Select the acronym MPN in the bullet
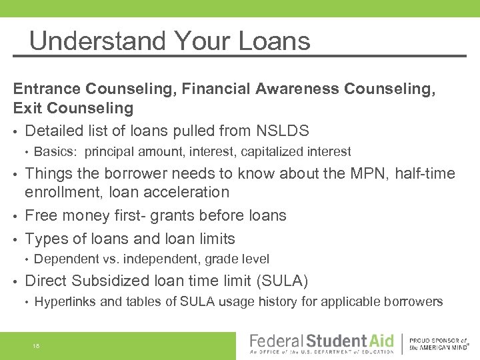tap(364, 174)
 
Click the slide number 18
tap(36, 345)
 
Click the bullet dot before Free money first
tap(17, 216)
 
